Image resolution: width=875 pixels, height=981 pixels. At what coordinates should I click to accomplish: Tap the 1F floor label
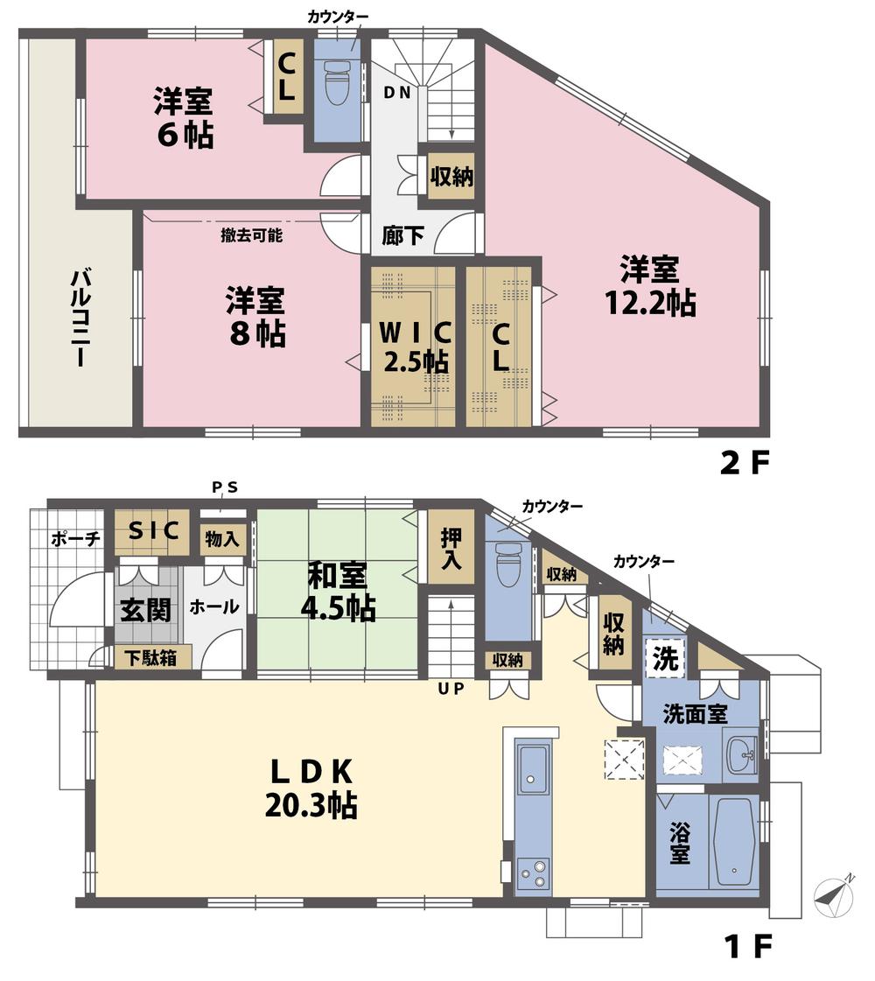[x=744, y=946]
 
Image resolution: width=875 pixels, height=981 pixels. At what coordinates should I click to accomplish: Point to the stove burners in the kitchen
[x=533, y=872]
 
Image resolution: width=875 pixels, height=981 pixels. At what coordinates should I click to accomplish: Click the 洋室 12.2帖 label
[x=650, y=285]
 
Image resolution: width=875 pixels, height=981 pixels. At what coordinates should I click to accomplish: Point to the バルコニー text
[x=77, y=317]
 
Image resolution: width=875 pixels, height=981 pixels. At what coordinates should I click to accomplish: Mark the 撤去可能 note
[x=251, y=235]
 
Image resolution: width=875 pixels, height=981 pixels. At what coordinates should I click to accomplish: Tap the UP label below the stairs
[x=451, y=688]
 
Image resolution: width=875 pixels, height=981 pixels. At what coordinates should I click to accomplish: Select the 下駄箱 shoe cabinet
[x=148, y=657]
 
